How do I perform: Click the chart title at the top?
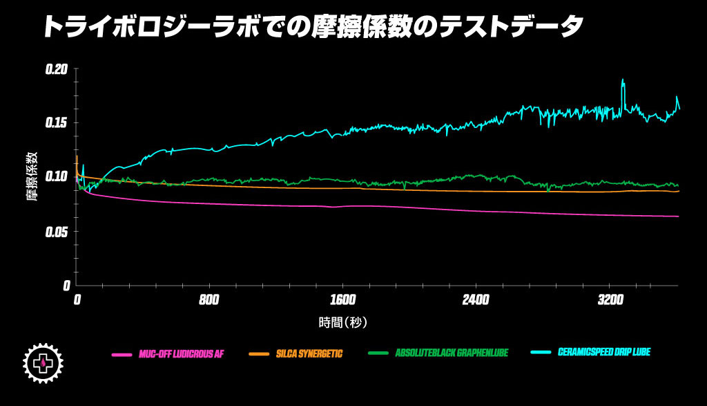313,27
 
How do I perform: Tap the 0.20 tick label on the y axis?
57,69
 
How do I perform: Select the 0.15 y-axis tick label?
57,123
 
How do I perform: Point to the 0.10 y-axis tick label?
57,177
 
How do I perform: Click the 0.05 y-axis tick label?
57,231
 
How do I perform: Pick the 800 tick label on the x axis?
209,300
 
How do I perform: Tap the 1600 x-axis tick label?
343,300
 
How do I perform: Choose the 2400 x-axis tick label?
476,300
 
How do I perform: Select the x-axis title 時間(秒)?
343,322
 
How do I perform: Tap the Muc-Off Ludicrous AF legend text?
181,353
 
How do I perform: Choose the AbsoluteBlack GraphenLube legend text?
452,353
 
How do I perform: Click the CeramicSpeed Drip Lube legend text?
603,352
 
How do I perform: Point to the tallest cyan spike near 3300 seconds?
623,80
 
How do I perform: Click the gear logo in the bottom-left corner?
43,360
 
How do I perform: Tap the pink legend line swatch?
122,354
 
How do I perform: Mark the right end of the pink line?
679,216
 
